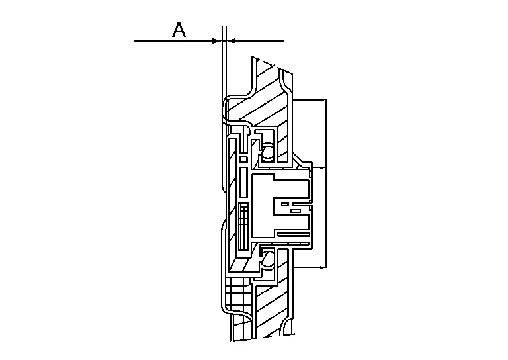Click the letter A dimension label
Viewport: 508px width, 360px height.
179,30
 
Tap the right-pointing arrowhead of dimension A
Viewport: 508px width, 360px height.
217,41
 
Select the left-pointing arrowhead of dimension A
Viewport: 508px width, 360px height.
232,41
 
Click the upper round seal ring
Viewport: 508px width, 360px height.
269,151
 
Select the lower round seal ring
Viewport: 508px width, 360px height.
269,258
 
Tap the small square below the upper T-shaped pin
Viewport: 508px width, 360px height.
243,159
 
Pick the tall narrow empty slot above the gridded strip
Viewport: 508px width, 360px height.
243,183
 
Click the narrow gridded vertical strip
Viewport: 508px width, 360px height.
243,227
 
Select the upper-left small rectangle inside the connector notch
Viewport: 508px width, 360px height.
285,204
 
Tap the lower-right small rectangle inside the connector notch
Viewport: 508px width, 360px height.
296,211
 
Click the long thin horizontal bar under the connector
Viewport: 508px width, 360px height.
294,234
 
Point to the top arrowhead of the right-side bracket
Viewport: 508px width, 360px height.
322,99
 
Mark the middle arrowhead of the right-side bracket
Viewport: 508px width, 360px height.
322,167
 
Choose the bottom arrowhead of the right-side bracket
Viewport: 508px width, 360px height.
322,267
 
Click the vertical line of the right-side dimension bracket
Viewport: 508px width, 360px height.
326,183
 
